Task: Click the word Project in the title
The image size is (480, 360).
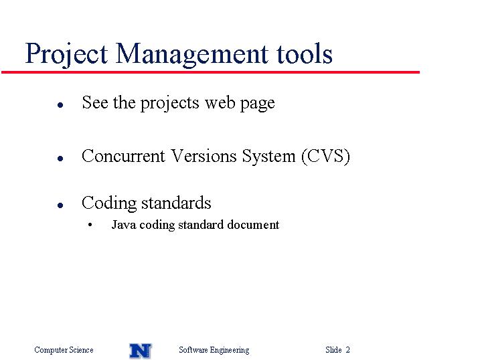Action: [66, 54]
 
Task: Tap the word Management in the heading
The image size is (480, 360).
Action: [192, 54]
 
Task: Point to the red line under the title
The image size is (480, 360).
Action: [210, 72]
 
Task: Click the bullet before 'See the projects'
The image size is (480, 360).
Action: [60, 105]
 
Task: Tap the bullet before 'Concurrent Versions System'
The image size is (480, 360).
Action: [60, 158]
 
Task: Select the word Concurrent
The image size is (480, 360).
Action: [123, 156]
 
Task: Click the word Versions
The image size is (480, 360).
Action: [204, 156]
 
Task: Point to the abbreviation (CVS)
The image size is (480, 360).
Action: [325, 157]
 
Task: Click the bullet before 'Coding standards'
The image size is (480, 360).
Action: [60, 205]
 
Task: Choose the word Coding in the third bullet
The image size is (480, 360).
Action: [109, 203]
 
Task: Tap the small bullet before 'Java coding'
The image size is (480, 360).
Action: [90, 225]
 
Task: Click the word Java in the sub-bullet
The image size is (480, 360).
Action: [124, 225]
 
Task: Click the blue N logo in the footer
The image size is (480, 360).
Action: [141, 351]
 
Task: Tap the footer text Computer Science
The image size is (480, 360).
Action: [64, 349]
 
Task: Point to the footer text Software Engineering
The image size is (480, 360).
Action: [214, 350]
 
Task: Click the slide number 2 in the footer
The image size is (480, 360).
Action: [347, 349]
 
